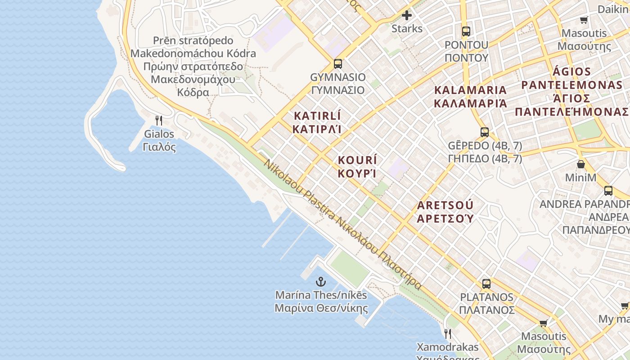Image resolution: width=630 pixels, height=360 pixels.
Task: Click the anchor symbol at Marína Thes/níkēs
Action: pos(321,282)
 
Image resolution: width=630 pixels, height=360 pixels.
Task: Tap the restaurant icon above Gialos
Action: pos(158,121)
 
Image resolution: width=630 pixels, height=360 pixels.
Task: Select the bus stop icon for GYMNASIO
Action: pos(338,64)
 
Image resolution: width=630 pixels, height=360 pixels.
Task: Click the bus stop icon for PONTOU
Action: pos(466,31)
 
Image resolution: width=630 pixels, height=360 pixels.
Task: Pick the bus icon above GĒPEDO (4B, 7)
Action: pos(485,132)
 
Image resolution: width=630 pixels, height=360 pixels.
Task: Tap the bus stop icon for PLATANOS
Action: pos(486,284)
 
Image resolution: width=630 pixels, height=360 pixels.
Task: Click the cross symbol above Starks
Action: pos(407,16)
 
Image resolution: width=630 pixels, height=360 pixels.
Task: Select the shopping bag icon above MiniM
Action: pos(581,164)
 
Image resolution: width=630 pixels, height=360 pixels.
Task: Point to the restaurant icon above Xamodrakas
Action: pos(448,333)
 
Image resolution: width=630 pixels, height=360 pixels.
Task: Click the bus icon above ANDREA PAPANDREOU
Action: pos(608,191)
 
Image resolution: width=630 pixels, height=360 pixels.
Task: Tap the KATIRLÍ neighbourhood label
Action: pos(317,116)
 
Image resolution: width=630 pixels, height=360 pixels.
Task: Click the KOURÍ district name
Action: pos(357,160)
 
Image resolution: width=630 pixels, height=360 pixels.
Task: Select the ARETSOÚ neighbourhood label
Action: pos(445,206)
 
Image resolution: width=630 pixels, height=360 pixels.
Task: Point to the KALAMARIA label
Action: pos(470,90)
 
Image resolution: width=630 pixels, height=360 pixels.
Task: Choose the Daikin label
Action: pos(613,9)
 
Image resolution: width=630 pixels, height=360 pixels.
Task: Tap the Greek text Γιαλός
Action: pos(159,147)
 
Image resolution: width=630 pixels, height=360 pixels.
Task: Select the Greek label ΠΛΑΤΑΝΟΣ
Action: pos(486,310)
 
